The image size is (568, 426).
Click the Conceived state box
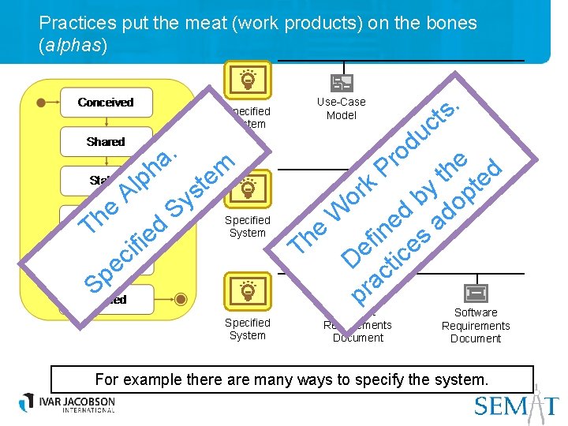[x=105, y=103]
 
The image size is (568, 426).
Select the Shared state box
[x=105, y=142]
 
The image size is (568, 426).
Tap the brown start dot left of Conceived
[x=42, y=102]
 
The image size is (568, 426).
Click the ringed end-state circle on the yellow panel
[x=181, y=299]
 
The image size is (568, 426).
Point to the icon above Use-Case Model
[x=341, y=84]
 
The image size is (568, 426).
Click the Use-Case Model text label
[x=342, y=109]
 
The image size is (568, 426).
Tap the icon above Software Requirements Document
[x=476, y=293]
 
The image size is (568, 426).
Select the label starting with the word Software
[x=476, y=326]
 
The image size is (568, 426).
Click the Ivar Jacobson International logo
[x=68, y=403]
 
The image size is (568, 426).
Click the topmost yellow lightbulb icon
[x=248, y=80]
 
